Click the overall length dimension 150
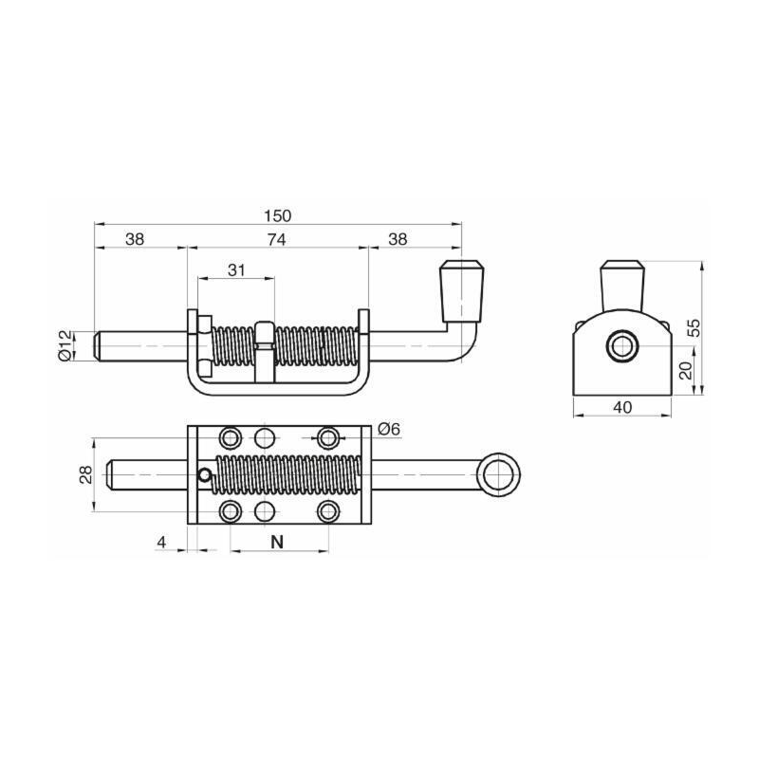pos(278,215)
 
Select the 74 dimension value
pos(276,240)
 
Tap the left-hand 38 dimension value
pos(135,240)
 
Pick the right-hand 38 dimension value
pos(398,240)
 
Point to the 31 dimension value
pos(236,270)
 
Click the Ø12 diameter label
pos(65,344)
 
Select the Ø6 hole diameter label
pos(389,429)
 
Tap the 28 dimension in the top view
pos(83,474)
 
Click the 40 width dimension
pos(622,407)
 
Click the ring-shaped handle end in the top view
pos(498,474)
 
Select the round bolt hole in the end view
pos(623,347)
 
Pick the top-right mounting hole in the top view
pos(328,437)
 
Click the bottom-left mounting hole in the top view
pos(230,512)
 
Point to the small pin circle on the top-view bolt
pos(204,475)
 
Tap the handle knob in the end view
pos(623,283)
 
